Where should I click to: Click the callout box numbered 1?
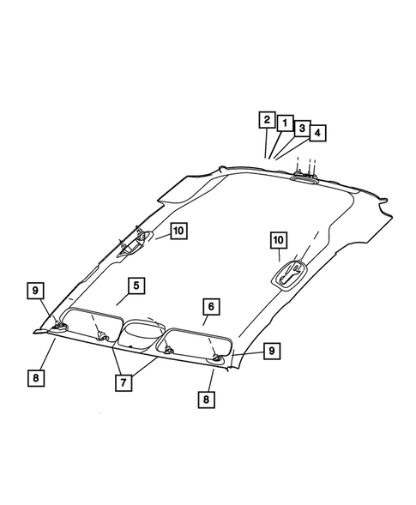pyautogui.click(x=284, y=124)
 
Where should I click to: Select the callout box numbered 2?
pyautogui.click(x=268, y=120)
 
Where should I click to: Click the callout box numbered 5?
pyautogui.click(x=136, y=286)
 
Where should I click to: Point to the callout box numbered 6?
pyautogui.click(x=210, y=305)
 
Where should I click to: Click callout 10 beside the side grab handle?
pyautogui.click(x=178, y=231)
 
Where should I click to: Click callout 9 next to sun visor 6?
pyautogui.click(x=271, y=350)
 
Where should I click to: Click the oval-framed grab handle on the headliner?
pyautogui.click(x=289, y=275)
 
